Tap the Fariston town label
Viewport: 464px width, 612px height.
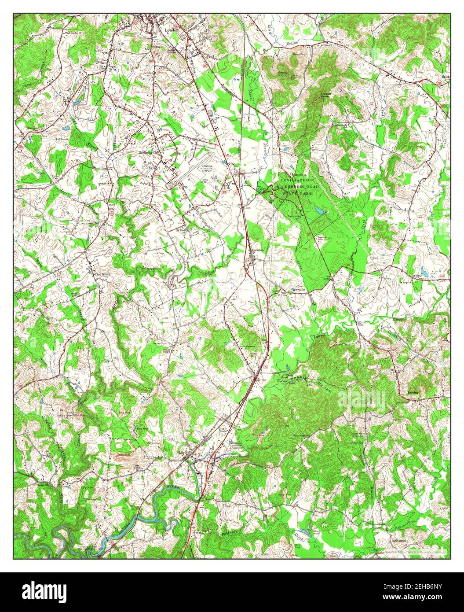[x=258, y=250]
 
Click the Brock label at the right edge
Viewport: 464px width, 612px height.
[x=446, y=76]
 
